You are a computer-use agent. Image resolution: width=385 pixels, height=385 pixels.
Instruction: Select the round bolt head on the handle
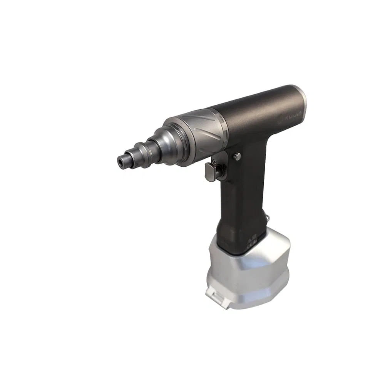[x=237, y=156]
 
